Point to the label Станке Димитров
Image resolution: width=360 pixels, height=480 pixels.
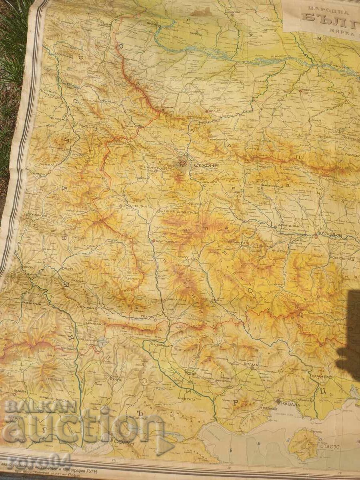[179, 212]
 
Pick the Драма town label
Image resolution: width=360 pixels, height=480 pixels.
[251, 365]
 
